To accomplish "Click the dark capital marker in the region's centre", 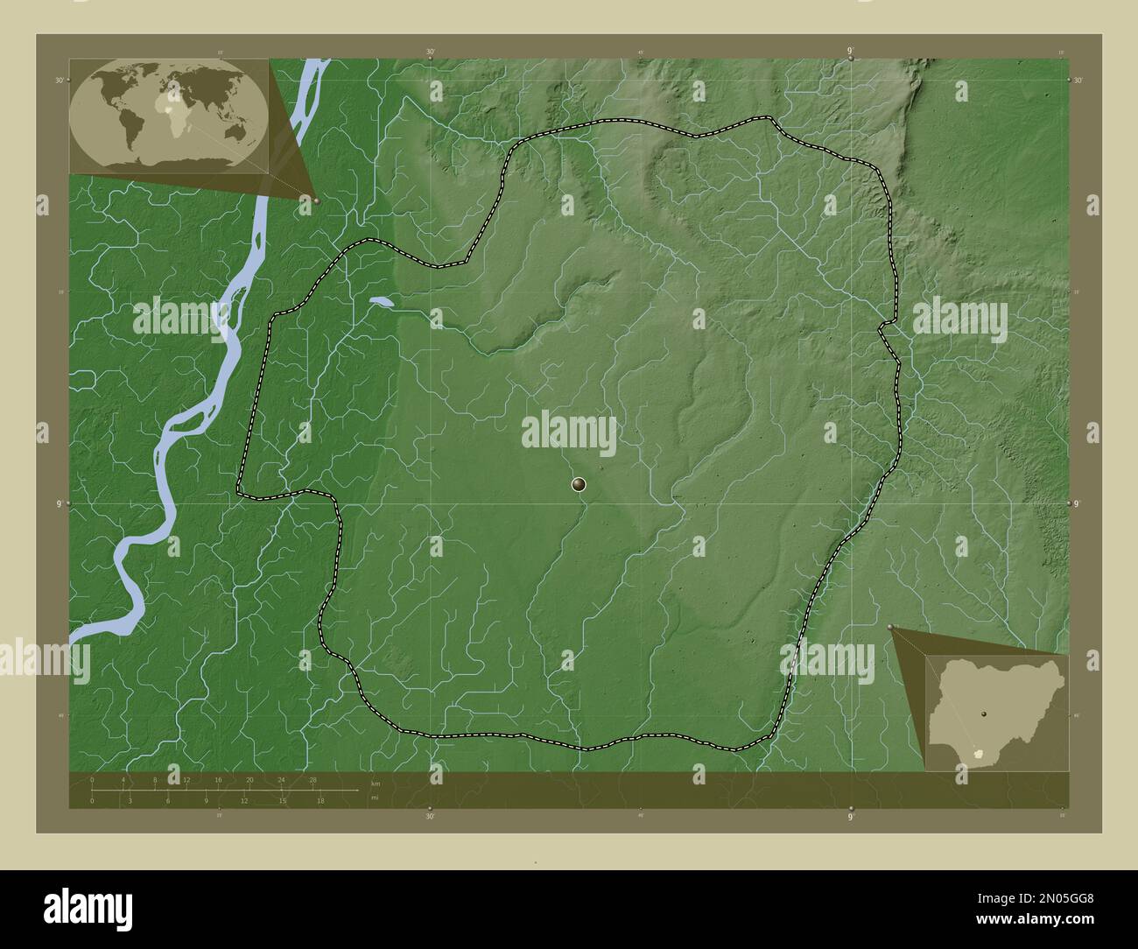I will click(578, 483).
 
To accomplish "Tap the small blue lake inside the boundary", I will click(382, 302).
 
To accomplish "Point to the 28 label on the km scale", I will click(313, 779).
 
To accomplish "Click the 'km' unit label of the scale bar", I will click(376, 784).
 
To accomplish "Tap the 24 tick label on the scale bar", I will click(281, 779).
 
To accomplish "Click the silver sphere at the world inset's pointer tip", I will click(315, 200).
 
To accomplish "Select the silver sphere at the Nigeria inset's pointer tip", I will click(889, 627).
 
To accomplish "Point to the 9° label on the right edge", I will click(1077, 504).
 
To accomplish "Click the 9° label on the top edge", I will click(851, 52).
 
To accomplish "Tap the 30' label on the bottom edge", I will click(430, 816).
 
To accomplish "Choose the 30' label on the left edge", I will click(60, 80).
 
